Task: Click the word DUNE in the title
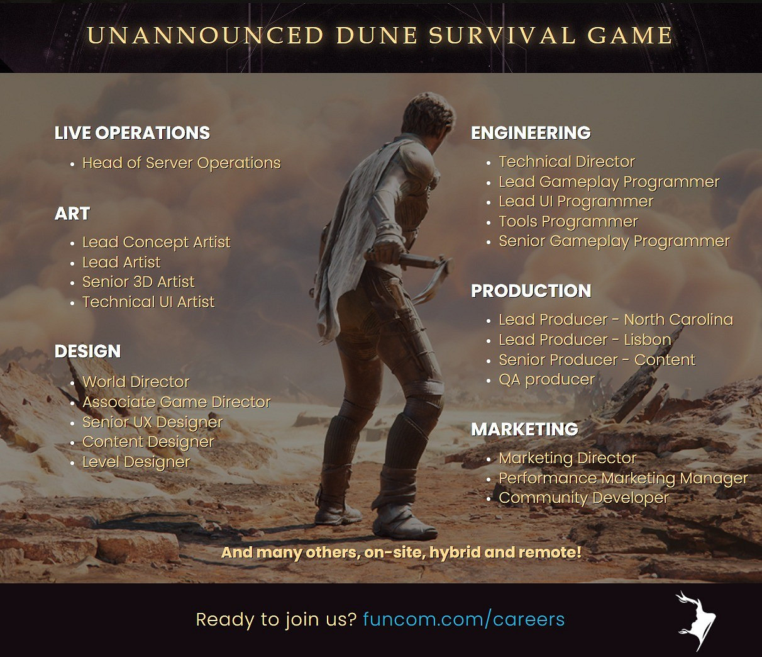coord(377,35)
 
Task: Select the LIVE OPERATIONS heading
coord(133,133)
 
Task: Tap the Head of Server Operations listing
coord(181,163)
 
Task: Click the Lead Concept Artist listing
coord(157,242)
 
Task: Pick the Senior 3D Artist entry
coord(138,282)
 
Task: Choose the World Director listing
coord(136,382)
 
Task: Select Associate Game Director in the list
coord(177,402)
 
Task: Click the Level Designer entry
coord(136,462)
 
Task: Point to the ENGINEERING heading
coord(531,133)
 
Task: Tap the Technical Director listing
coord(566,162)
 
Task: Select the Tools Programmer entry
coord(568,222)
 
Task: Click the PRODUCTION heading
coord(531,291)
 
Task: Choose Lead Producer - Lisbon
coord(585,340)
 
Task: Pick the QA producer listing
coord(547,380)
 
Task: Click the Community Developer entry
coord(583,498)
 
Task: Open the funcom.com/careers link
coord(464,619)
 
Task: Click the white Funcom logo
coord(695,619)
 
